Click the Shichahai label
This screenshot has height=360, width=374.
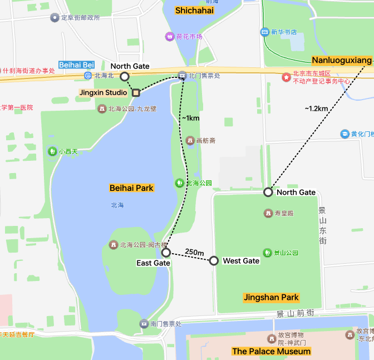tap(194, 11)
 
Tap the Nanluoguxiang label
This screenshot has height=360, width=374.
tap(341, 60)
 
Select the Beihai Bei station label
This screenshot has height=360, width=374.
tap(77, 65)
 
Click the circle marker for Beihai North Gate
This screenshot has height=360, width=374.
tap(125, 76)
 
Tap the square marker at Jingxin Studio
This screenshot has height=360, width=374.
tap(135, 92)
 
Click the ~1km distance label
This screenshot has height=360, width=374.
tap(190, 118)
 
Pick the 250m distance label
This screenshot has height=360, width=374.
tap(194, 252)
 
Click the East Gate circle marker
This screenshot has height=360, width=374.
tap(166, 253)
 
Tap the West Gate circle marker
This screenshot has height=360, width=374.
tap(214, 260)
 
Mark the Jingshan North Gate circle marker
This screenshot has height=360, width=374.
tap(268, 192)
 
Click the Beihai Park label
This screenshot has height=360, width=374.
tap(131, 188)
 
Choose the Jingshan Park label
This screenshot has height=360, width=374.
tap(271, 297)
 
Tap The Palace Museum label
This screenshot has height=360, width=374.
tap(271, 351)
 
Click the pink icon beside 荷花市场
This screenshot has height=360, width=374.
tap(169, 37)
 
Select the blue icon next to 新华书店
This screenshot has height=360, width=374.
tap(264, 32)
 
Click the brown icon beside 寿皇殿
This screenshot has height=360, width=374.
tap(268, 213)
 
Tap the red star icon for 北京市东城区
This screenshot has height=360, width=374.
tap(286, 77)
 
